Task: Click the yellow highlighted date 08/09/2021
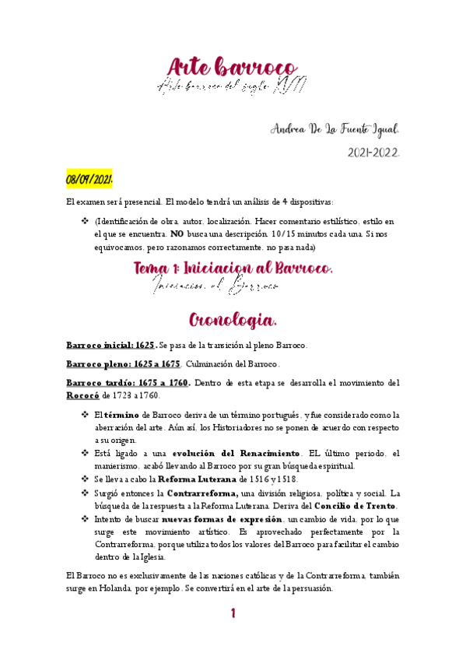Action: point(89,180)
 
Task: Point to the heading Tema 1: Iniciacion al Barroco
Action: point(233,269)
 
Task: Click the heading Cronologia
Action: point(233,320)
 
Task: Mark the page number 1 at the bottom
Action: point(233,614)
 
